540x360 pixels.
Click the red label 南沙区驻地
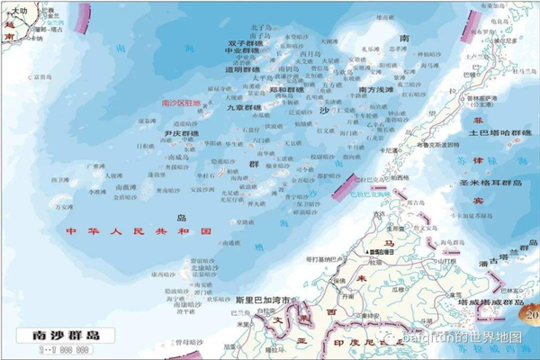pos(181,103)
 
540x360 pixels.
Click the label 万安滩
pos(64,206)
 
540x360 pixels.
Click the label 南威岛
pos(177,157)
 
